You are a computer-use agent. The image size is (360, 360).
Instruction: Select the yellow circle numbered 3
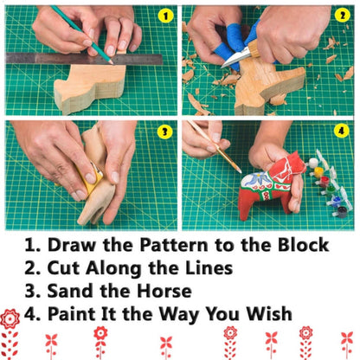pyautogui.click(x=163, y=132)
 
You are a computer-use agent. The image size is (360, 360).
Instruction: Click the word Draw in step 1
pyautogui.click(x=71, y=246)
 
